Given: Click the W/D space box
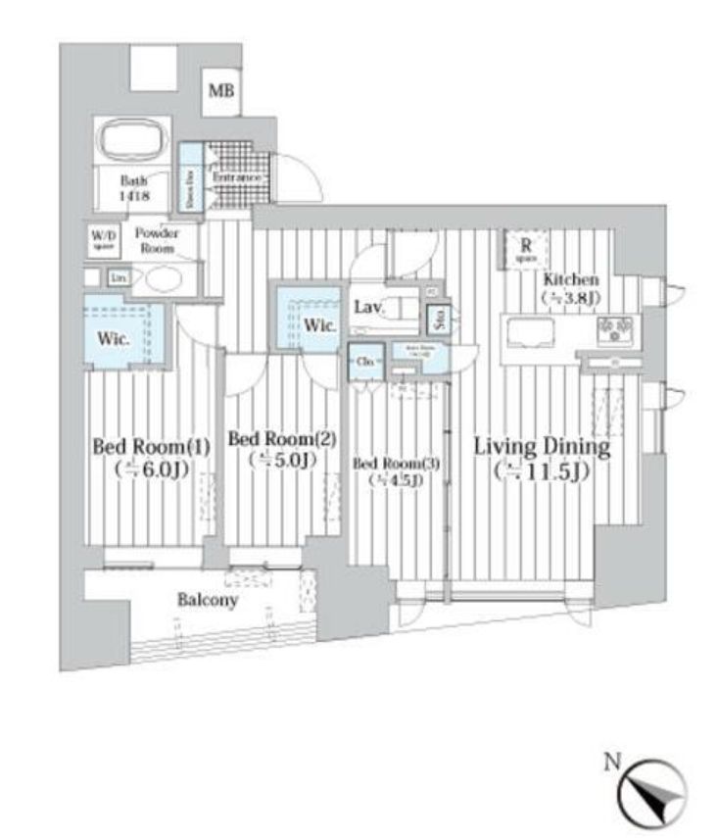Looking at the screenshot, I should [x=102, y=239].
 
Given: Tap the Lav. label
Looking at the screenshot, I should [x=369, y=308].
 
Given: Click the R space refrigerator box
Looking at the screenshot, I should [x=526, y=249].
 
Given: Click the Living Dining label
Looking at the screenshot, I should [x=542, y=449].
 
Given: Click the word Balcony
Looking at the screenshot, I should [x=207, y=600].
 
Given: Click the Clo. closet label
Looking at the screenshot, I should [x=364, y=362].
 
